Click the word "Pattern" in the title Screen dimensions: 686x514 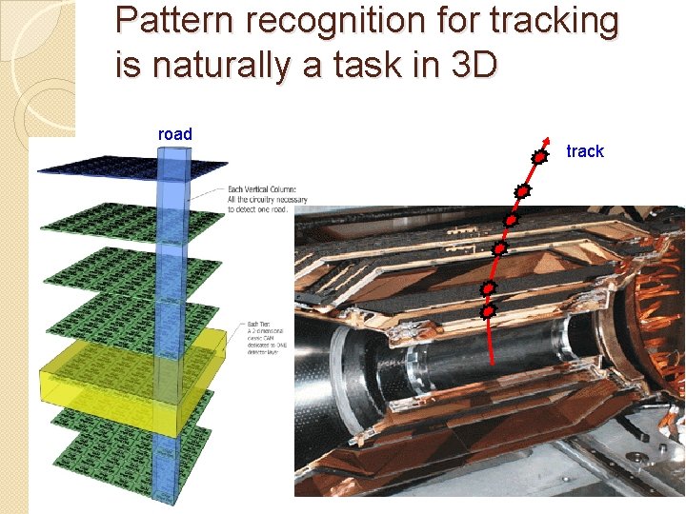(166, 21)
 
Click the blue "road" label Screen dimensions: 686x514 (174, 134)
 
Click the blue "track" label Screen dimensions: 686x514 (585, 151)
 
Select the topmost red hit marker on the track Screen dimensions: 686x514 (538, 156)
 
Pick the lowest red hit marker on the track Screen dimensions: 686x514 (488, 310)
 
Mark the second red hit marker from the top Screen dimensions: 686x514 (522, 191)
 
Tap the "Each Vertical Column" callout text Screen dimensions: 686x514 (267, 201)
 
